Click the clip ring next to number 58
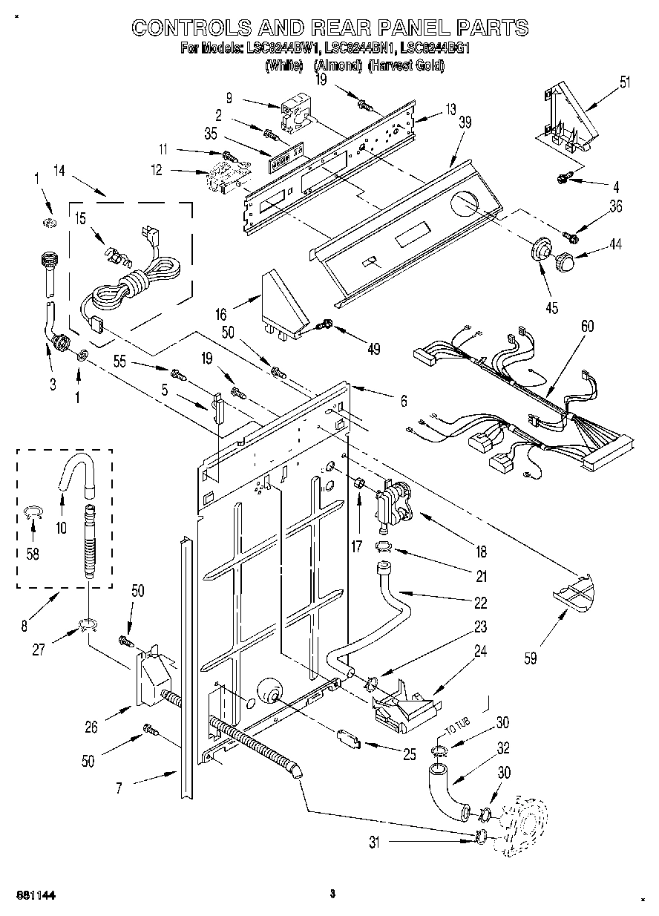click(32, 510)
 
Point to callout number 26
click(91, 727)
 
